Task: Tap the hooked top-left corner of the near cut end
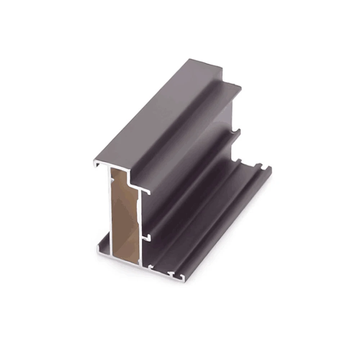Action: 96,164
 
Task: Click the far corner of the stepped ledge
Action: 241,87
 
